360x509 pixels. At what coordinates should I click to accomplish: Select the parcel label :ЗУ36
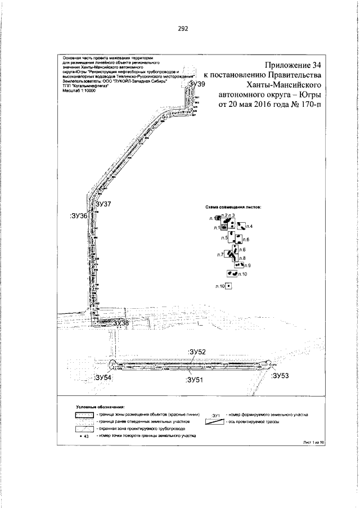tap(78, 215)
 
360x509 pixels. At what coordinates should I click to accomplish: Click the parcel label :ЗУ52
tap(199, 352)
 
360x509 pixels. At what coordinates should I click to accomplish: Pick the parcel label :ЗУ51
tap(195, 380)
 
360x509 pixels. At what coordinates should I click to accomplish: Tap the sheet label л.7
tap(220, 255)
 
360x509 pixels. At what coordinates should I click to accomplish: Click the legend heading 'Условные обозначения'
tap(100, 406)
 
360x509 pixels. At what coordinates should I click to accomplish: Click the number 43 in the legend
tap(87, 436)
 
